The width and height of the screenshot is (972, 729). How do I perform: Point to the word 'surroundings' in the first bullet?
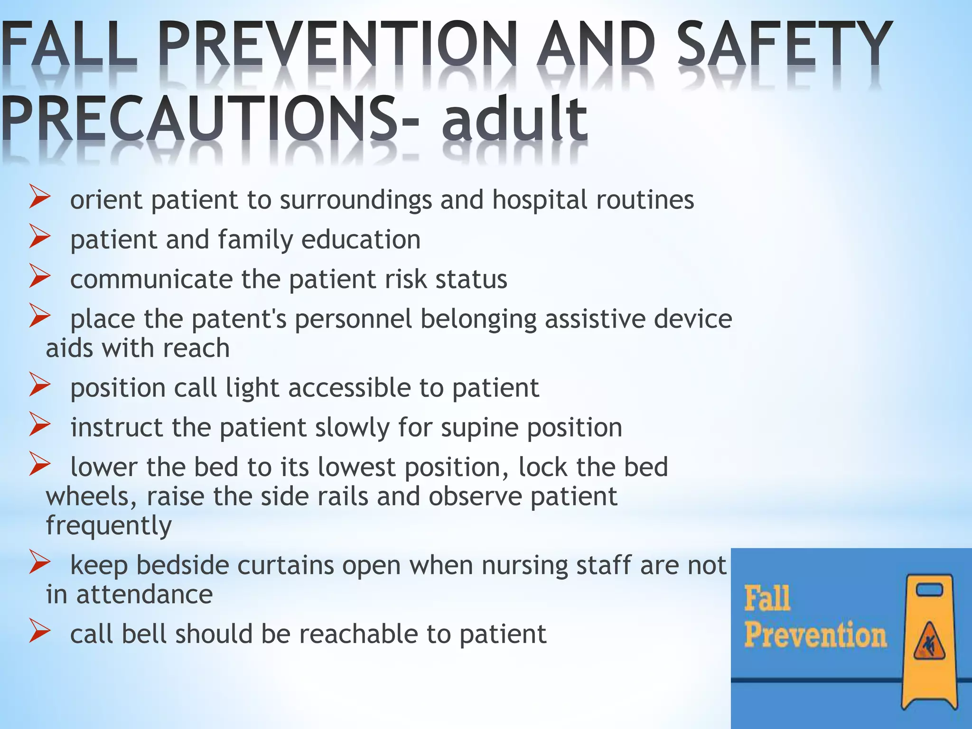tap(355, 200)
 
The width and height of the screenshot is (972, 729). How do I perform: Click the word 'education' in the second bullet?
tap(361, 239)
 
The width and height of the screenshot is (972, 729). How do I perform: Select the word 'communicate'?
tap(151, 279)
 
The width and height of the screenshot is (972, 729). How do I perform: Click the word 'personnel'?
tap(354, 319)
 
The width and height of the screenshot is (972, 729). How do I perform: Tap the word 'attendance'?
tap(144, 595)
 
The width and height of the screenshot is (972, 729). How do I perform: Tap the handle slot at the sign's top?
tap(929, 589)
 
